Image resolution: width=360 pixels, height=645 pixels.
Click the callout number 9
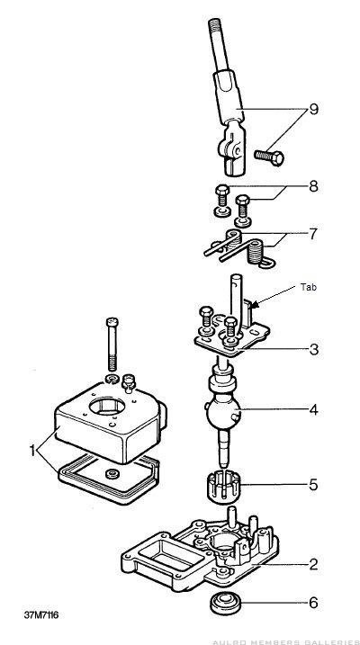pyautogui.click(x=313, y=110)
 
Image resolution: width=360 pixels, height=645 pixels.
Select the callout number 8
pyautogui.click(x=313, y=187)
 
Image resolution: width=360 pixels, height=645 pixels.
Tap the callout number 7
pyautogui.click(x=313, y=234)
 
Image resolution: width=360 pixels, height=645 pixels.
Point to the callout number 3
pyautogui.click(x=314, y=350)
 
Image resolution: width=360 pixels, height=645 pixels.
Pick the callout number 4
pyautogui.click(x=314, y=409)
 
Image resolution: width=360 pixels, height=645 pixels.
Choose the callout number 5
pyautogui.click(x=314, y=485)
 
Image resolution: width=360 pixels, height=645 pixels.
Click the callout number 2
pyautogui.click(x=313, y=564)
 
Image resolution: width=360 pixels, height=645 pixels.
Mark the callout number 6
pyautogui.click(x=314, y=603)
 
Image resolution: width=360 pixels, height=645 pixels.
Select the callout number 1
pyautogui.click(x=32, y=451)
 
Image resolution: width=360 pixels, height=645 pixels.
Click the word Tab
pyautogui.click(x=309, y=288)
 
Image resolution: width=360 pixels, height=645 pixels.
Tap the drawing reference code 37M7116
pyautogui.click(x=41, y=615)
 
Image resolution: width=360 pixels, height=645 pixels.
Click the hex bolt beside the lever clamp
pyautogui.click(x=269, y=157)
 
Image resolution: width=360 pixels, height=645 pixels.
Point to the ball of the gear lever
pyautogui.click(x=224, y=413)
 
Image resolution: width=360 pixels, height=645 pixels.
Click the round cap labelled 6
pyautogui.click(x=225, y=603)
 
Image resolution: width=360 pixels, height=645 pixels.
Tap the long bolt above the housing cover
pyautogui.click(x=112, y=344)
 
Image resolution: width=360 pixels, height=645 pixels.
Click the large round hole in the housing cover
pyautogui.click(x=107, y=406)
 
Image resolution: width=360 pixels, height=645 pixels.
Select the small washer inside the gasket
pyautogui.click(x=112, y=474)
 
